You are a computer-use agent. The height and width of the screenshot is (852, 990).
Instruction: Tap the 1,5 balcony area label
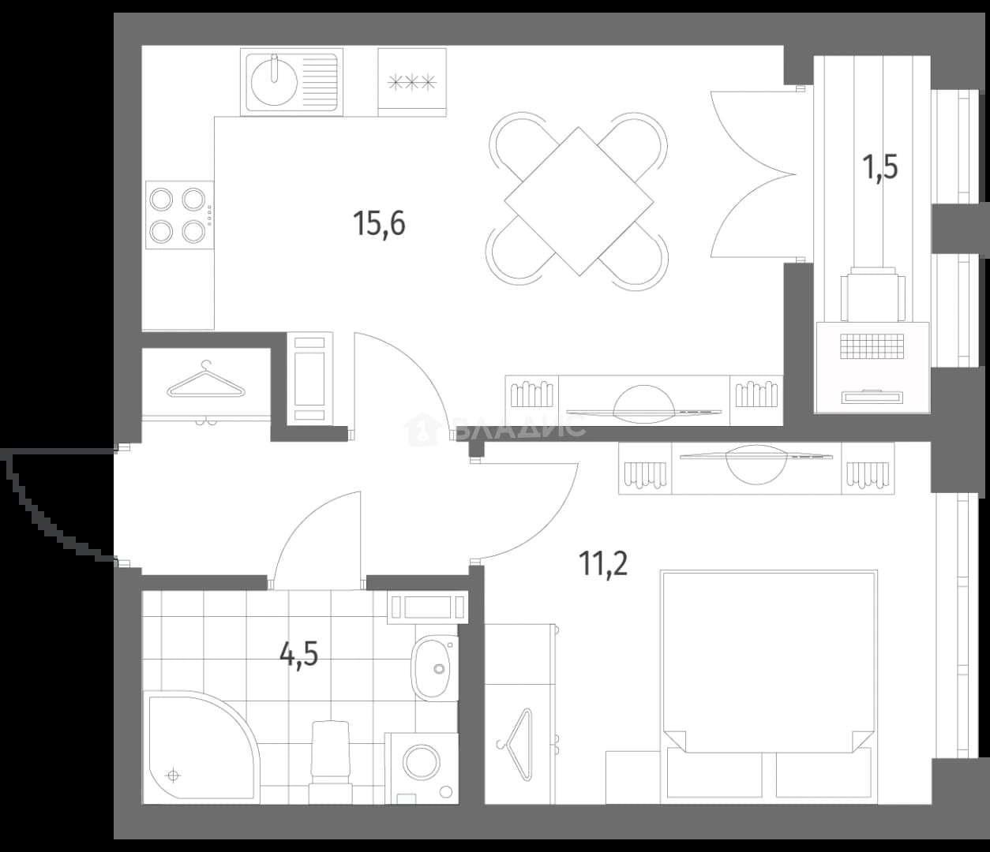coord(879,166)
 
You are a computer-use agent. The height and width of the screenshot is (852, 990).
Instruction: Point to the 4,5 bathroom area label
coord(299,656)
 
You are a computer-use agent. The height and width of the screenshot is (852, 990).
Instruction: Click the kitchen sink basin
coord(274,83)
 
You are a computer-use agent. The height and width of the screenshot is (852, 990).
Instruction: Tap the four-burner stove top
coord(180,215)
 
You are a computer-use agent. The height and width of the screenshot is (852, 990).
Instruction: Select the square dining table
coord(579,201)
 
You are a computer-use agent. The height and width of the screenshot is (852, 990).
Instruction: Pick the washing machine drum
coord(422,760)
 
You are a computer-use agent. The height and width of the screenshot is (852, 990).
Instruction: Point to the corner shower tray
coord(201,747)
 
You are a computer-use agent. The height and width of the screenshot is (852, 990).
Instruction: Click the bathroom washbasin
coord(434,668)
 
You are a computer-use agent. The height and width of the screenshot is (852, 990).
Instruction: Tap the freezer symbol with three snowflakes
coord(412,82)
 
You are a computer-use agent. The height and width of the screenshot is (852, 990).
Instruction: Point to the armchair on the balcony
coord(872,294)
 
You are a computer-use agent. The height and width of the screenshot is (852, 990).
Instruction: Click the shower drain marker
coord(174,775)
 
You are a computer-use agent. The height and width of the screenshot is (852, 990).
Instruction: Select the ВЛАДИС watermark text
coord(519,426)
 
